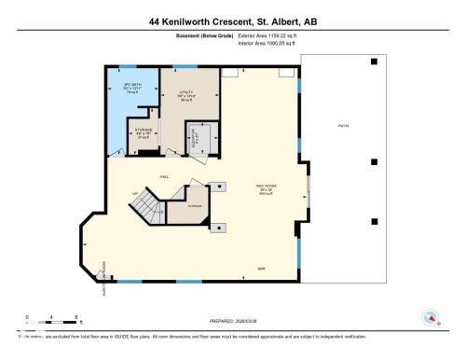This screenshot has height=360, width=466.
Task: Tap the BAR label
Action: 262,269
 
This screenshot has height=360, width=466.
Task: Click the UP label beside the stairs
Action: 137,193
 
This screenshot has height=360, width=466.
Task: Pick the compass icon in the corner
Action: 431,315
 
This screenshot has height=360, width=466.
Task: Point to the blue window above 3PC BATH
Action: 130,66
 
